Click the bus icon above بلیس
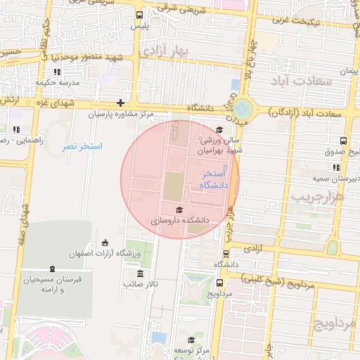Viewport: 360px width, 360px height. coord(139,14)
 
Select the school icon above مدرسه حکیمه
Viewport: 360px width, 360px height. coord(56,72)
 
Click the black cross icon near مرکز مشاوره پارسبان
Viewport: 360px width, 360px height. coord(120,103)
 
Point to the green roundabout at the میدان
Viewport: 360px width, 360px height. coord(242,109)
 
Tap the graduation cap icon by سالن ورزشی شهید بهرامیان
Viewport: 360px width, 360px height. coord(219,129)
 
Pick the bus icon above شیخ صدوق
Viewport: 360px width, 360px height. coord(342,141)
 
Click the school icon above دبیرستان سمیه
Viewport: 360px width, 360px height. coord(336,167)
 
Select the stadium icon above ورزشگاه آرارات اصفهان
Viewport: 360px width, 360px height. coord(105,243)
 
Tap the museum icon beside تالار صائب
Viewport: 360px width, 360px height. coord(140,274)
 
